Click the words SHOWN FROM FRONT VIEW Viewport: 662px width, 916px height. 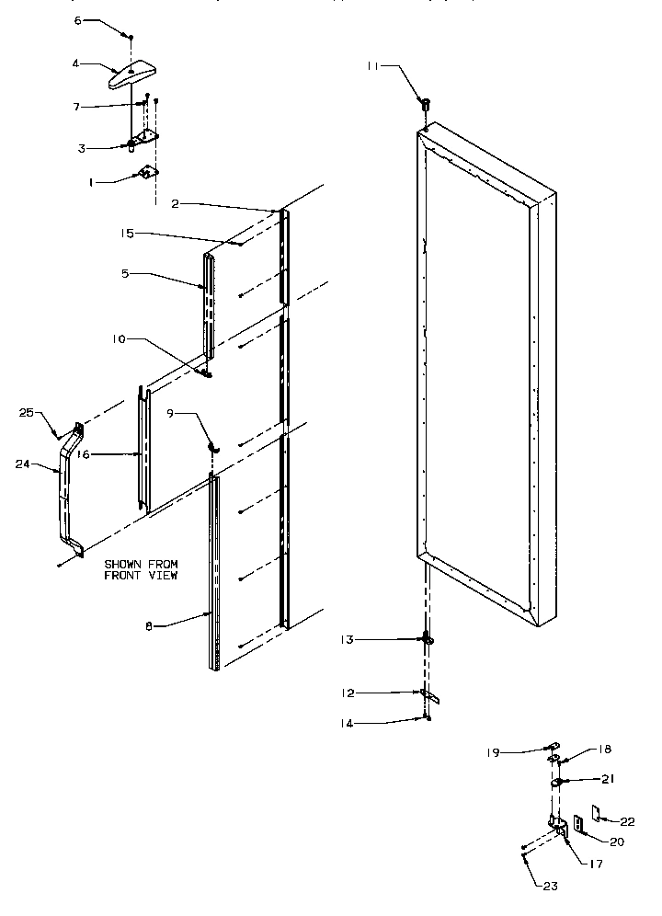(141, 568)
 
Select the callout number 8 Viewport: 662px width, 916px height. (148, 625)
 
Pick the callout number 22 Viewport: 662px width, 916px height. (627, 821)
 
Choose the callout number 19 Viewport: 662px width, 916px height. (494, 751)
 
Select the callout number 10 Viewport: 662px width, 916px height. (120, 339)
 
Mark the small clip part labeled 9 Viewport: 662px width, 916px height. (213, 446)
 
